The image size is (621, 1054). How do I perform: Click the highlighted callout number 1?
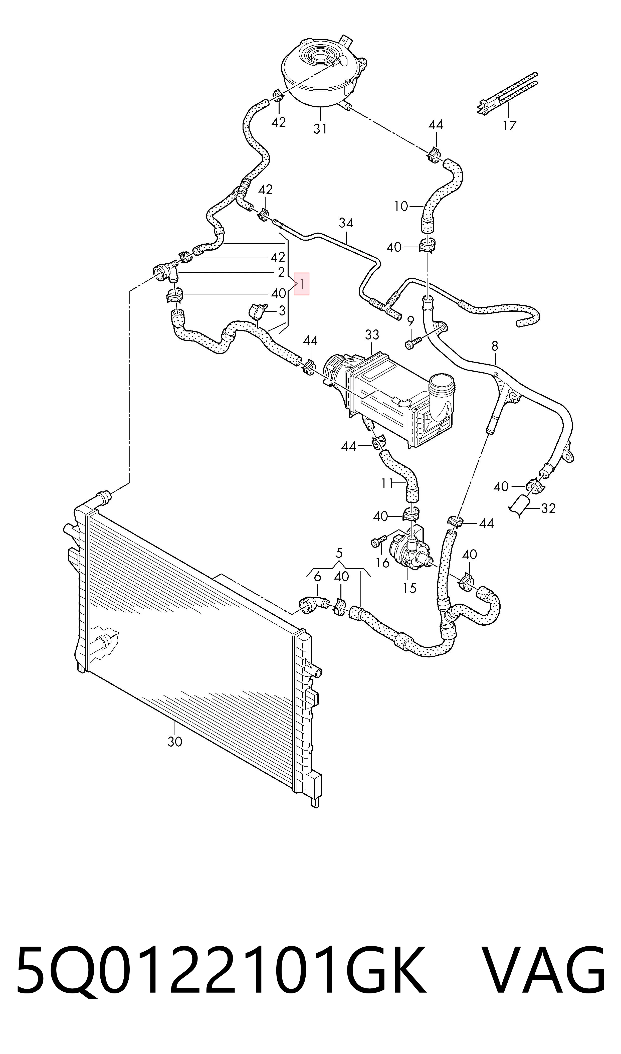(x=302, y=284)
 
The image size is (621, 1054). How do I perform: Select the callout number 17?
(x=510, y=125)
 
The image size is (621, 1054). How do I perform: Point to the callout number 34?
(x=346, y=223)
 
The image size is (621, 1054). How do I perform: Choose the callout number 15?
(x=410, y=588)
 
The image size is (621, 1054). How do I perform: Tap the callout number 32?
(x=548, y=508)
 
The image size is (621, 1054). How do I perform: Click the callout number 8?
(x=495, y=346)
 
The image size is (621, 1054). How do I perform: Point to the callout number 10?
(x=401, y=206)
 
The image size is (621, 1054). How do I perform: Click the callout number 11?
(x=387, y=484)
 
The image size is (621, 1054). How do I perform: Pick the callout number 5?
(x=339, y=554)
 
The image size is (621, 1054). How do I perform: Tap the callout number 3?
(x=282, y=311)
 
